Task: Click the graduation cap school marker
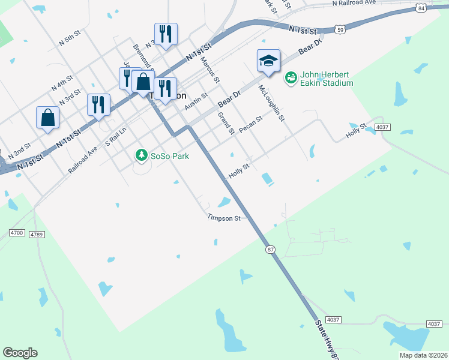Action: coord(269,61)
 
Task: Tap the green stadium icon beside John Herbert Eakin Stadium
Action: coord(291,79)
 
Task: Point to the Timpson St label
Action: coord(224,218)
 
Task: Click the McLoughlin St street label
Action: coord(271,103)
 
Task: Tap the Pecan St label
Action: coord(251,125)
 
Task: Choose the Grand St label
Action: coord(226,123)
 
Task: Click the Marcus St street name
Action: coord(211,70)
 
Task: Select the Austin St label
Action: coord(196,101)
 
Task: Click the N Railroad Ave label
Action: coord(362,3)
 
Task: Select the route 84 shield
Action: coord(423,8)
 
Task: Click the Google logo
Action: coord(20,353)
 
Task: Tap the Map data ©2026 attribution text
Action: coord(423,355)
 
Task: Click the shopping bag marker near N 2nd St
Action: coord(47,119)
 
